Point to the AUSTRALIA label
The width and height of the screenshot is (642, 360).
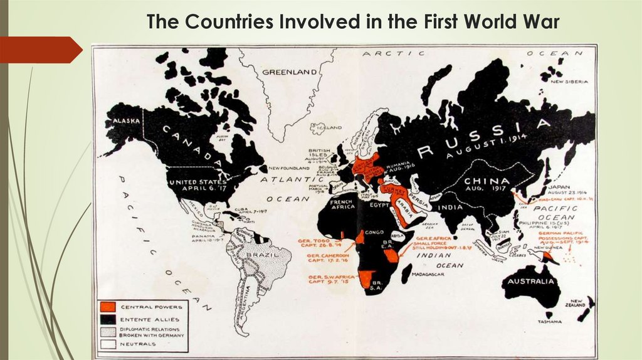(x=530, y=281)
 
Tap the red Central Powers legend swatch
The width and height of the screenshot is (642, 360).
(x=108, y=307)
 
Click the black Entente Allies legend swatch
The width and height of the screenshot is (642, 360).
(x=108, y=319)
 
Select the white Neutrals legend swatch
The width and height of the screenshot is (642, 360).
(x=108, y=344)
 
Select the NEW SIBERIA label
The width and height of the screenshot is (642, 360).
(x=569, y=82)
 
